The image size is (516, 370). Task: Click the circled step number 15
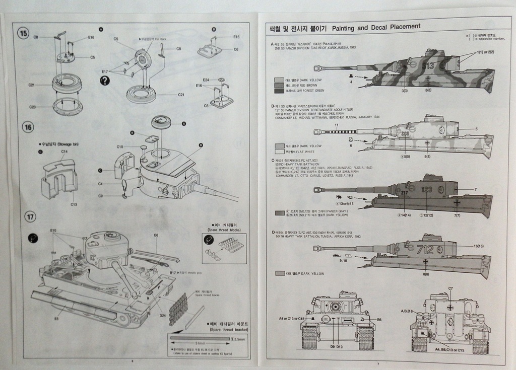(x=24, y=33)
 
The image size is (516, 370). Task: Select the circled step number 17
(x=31, y=217)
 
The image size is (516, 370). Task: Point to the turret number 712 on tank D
(x=425, y=250)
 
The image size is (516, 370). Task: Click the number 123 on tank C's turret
(x=427, y=190)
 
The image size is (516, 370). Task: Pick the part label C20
(x=32, y=107)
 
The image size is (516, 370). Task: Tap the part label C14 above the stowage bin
(x=64, y=151)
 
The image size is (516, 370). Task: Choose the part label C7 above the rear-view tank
(x=450, y=288)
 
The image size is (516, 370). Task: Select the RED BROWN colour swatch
(x=279, y=85)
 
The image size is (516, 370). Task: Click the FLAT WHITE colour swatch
(x=279, y=151)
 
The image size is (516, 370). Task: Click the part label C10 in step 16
(x=120, y=146)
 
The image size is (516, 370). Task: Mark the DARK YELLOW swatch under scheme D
(x=280, y=273)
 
